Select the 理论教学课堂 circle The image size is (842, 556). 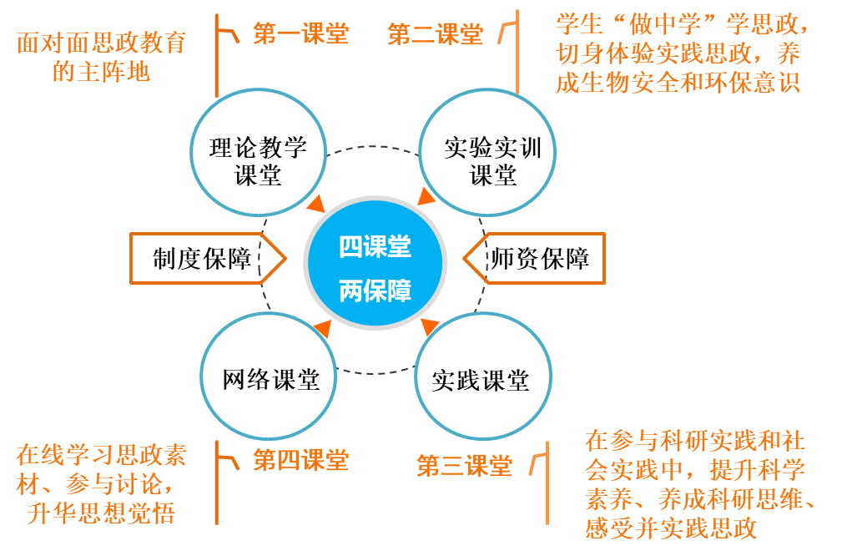point(258,162)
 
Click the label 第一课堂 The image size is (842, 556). point(300,34)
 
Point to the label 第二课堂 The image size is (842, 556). point(435,35)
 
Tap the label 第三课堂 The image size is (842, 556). point(464,466)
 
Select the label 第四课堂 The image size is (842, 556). point(300,460)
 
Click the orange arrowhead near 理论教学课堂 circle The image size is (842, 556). point(317,205)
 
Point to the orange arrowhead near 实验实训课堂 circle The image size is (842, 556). point(426,197)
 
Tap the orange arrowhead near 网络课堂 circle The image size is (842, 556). point(320,327)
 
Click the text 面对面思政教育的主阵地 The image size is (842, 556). point(101,57)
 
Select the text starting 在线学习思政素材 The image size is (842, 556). point(101,483)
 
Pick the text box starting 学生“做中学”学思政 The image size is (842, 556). point(684,52)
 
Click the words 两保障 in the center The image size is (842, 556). point(375,291)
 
